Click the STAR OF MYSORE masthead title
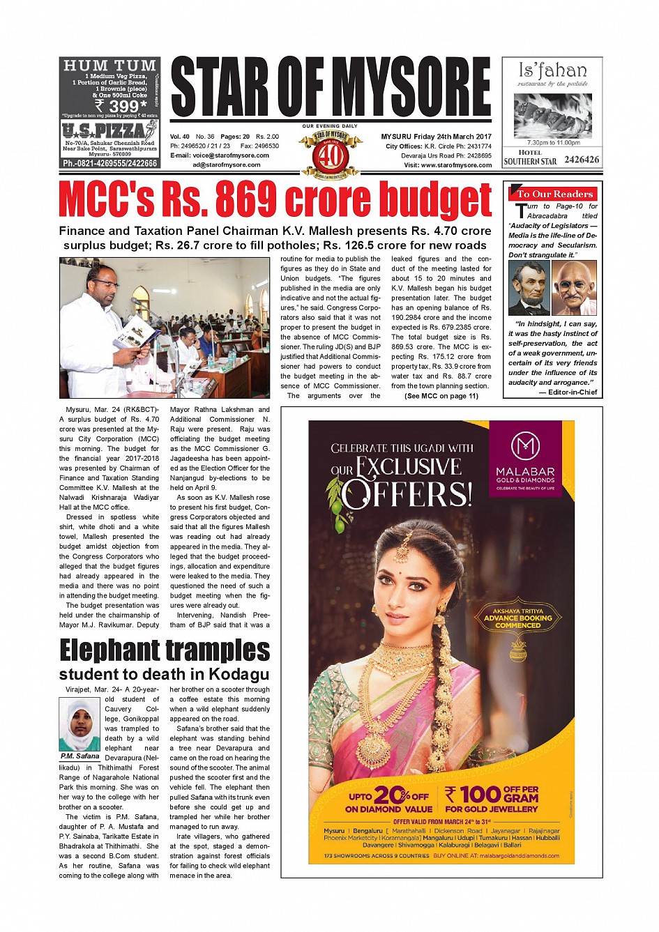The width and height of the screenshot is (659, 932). click(331, 87)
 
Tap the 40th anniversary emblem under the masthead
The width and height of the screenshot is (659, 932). click(331, 153)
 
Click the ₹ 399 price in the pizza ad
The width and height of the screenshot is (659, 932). click(123, 106)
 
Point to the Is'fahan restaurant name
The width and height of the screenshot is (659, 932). click(552, 70)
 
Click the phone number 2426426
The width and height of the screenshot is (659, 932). click(581, 160)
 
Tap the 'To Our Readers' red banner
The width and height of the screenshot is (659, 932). click(554, 194)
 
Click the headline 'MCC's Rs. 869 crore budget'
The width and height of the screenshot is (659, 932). click(275, 201)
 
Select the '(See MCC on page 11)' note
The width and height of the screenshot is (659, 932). click(441, 396)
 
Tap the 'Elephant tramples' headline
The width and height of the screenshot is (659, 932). click(165, 650)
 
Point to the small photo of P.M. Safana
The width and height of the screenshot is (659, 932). click(80, 725)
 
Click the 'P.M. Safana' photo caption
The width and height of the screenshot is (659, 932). click(80, 756)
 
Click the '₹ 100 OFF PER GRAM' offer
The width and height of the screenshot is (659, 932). click(492, 799)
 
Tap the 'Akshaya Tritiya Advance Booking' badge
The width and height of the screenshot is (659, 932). click(518, 618)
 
